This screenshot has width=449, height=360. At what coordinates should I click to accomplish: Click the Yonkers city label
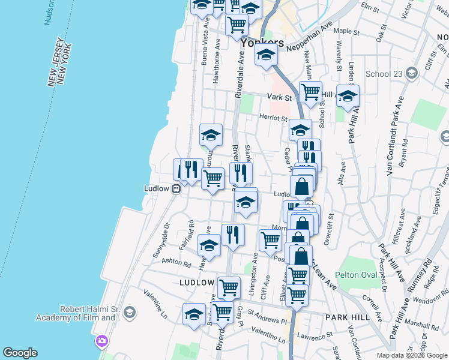[x=262, y=43]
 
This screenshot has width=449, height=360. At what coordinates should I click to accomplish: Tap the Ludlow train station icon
[x=176, y=188]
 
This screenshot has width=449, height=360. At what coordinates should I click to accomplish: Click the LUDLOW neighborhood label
[x=196, y=282]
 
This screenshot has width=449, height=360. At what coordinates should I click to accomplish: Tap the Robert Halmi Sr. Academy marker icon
[x=129, y=312]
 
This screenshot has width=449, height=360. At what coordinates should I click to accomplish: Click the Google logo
[x=20, y=353]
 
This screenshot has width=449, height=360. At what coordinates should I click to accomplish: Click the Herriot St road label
[x=274, y=118]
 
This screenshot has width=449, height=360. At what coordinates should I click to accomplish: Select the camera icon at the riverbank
[x=102, y=341]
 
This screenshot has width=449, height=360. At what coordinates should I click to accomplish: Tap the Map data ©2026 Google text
[x=411, y=355]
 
